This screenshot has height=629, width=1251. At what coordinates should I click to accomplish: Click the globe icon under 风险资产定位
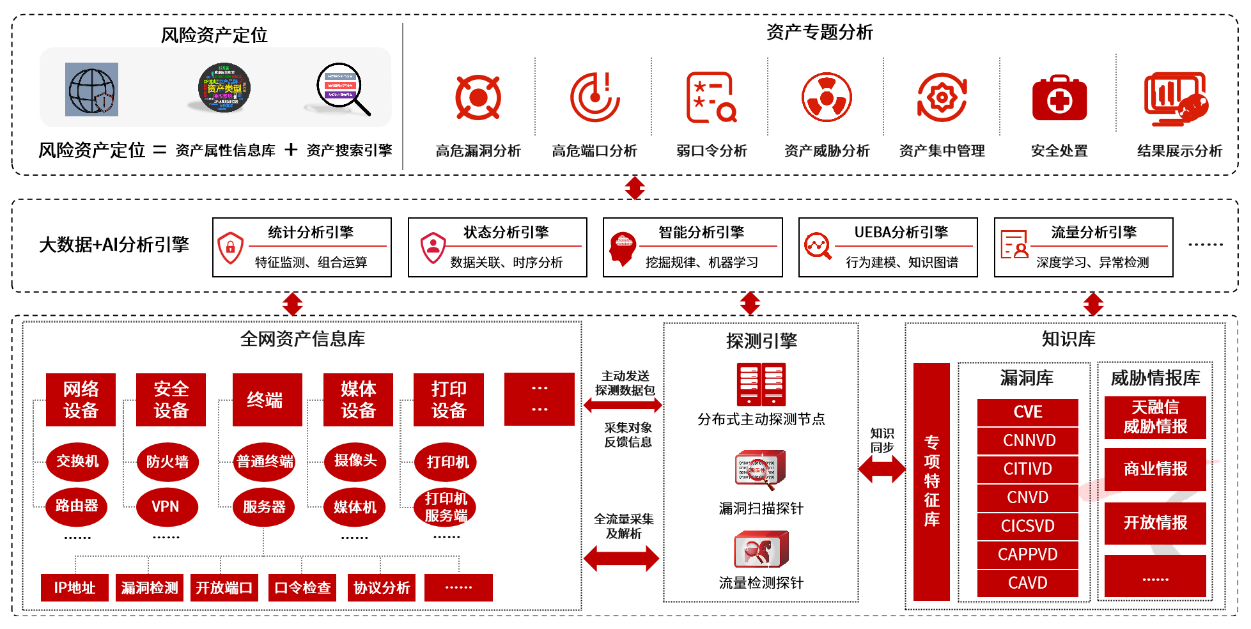point(91,89)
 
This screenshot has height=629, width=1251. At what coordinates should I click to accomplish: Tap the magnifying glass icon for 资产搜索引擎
point(343,89)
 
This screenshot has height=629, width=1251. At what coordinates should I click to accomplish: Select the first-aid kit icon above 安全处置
point(1059,98)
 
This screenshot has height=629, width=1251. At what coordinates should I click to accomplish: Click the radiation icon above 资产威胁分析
point(827,97)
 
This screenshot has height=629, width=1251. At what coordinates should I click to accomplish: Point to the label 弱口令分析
point(711,151)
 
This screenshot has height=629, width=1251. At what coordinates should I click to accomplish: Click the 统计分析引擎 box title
point(311,232)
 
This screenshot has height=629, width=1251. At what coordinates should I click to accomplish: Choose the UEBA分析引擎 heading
point(901,232)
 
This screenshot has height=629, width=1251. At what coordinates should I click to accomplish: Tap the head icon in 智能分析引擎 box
point(622,248)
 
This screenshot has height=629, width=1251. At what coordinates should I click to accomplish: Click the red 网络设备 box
point(81,400)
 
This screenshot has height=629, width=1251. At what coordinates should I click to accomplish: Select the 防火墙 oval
point(167,462)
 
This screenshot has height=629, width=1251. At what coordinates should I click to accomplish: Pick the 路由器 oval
point(77,506)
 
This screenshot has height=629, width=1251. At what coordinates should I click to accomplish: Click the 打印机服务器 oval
point(446,507)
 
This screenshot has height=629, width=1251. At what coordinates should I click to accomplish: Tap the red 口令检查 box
point(302,587)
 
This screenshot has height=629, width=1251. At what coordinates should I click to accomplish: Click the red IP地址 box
point(75,587)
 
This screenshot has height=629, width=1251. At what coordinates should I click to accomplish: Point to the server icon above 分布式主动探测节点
point(761,384)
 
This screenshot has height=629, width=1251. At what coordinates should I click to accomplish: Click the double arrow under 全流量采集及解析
point(621,558)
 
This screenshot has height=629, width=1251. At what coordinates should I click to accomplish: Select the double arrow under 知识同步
point(882,469)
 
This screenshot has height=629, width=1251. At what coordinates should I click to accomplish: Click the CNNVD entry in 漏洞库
point(1027,440)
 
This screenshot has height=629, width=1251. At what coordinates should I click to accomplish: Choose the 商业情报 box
point(1154,469)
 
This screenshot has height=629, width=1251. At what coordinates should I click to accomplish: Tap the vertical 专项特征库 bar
point(931,481)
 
